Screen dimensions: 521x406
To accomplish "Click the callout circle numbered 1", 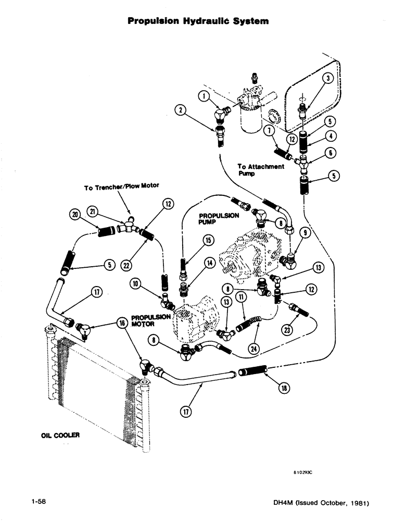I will pos(204,95).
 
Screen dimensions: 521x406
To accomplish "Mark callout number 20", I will pos(77,215).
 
